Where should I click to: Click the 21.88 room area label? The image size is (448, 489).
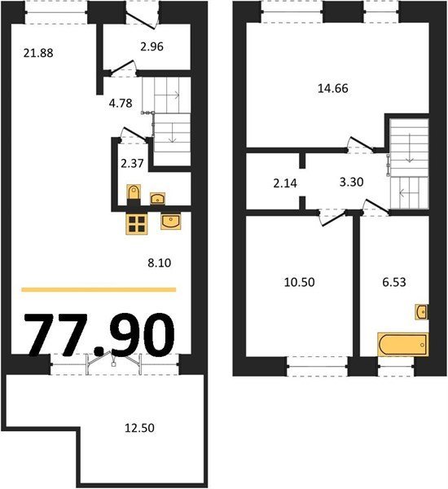(38, 53)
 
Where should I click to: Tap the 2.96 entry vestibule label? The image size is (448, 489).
(152, 46)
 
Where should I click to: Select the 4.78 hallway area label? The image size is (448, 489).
(121, 103)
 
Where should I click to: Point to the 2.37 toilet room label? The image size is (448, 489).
(132, 163)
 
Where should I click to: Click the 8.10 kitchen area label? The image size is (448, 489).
(160, 263)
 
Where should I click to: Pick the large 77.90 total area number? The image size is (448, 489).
(99, 335)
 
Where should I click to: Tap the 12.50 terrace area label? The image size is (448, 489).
(139, 428)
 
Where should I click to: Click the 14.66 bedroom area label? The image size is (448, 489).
(333, 89)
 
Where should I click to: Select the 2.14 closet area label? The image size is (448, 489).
(285, 183)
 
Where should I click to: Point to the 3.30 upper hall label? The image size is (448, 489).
(351, 182)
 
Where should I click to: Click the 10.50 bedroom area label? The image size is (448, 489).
(299, 282)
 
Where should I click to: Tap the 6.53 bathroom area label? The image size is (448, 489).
(394, 282)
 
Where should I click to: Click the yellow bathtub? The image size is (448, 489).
(402, 344)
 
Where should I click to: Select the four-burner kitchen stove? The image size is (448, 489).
(137, 223)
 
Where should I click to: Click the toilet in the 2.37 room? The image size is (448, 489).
(134, 192)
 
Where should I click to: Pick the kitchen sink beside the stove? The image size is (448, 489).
(171, 221)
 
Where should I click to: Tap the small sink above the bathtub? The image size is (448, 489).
(421, 311)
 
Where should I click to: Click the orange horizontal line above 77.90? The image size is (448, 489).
(99, 289)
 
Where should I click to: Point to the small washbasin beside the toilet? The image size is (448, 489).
(158, 198)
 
